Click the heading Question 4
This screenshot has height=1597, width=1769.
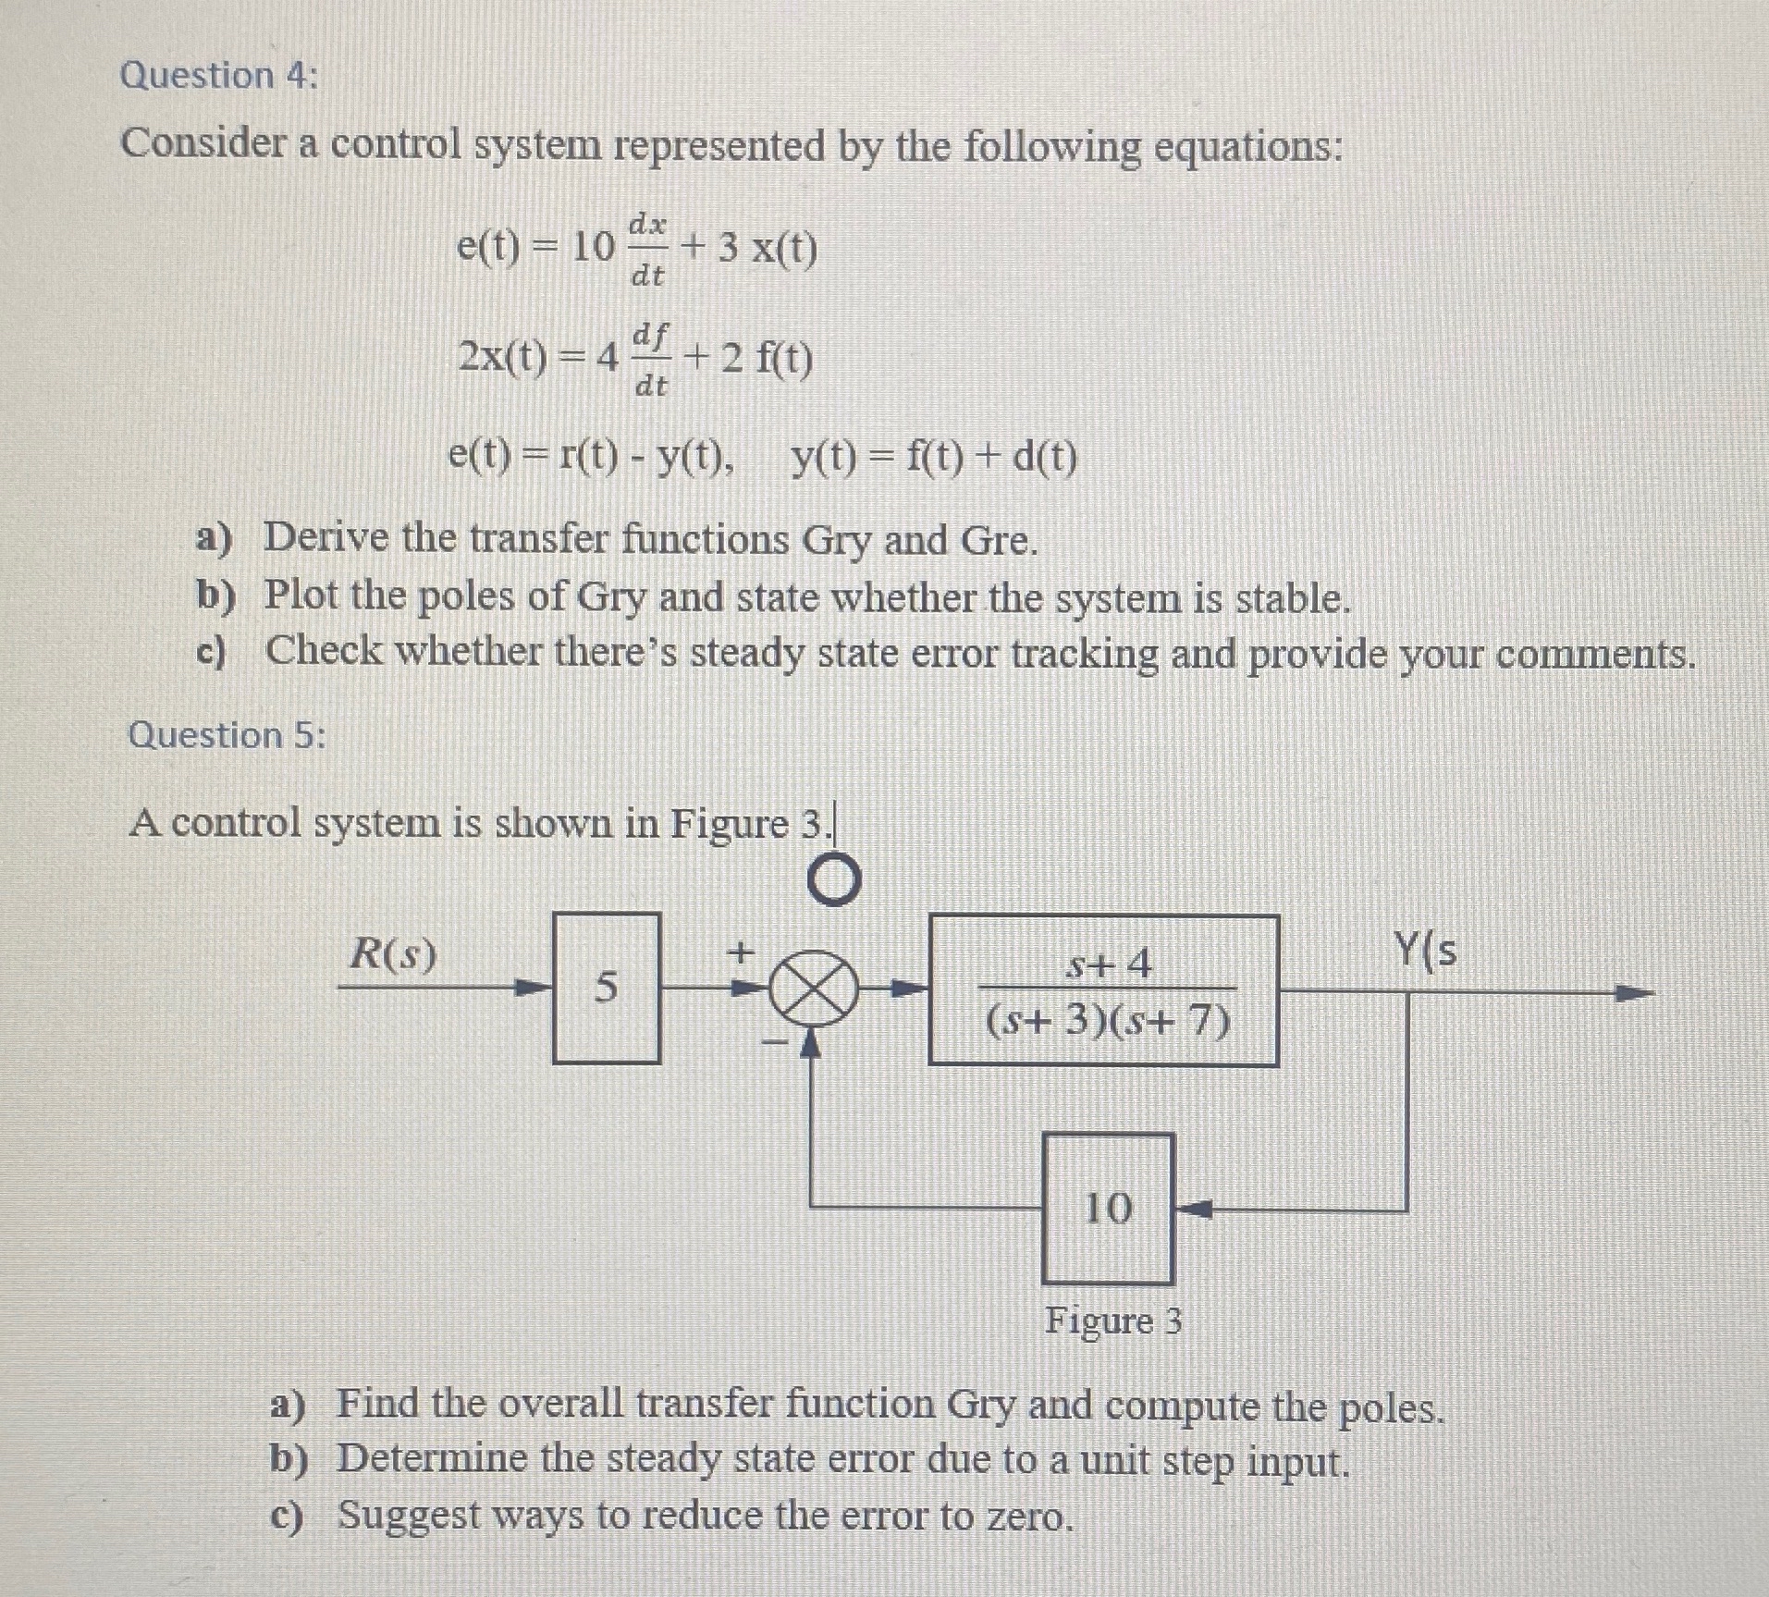218,76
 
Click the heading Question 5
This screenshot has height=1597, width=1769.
227,735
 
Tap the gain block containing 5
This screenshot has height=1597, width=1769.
606,988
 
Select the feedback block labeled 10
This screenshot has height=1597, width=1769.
1108,1208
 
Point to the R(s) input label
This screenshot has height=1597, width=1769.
392,954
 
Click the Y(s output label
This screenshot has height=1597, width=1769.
1425,951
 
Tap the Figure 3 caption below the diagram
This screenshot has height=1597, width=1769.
1113,1321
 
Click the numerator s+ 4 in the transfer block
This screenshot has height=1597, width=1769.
1109,964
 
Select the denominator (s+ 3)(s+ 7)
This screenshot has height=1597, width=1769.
1108,1022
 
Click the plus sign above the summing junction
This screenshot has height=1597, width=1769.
740,950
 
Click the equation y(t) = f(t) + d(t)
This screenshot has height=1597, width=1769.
934,457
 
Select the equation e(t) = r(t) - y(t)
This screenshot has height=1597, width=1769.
592,457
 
